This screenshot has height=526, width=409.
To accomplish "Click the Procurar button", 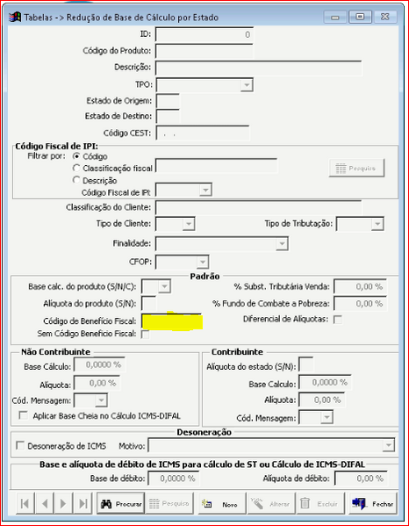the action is click(119, 504).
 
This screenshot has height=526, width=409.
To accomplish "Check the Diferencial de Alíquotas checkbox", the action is click(338, 319).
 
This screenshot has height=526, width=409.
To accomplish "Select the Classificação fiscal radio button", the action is click(77, 167).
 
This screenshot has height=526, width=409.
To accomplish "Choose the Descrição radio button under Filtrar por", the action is click(77, 179).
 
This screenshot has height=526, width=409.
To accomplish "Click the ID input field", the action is click(204, 34).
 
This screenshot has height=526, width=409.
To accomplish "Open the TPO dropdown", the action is click(247, 85).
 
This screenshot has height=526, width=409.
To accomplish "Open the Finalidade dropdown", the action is click(282, 243).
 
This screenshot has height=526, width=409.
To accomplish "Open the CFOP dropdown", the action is click(203, 262).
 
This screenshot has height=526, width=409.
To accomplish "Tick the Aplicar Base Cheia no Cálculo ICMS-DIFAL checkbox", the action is click(24, 415).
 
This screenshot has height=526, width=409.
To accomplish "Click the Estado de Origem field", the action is click(167, 100).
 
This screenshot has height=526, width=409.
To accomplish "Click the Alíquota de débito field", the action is click(360, 478).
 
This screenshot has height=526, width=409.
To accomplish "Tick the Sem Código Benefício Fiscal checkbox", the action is click(145, 334).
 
